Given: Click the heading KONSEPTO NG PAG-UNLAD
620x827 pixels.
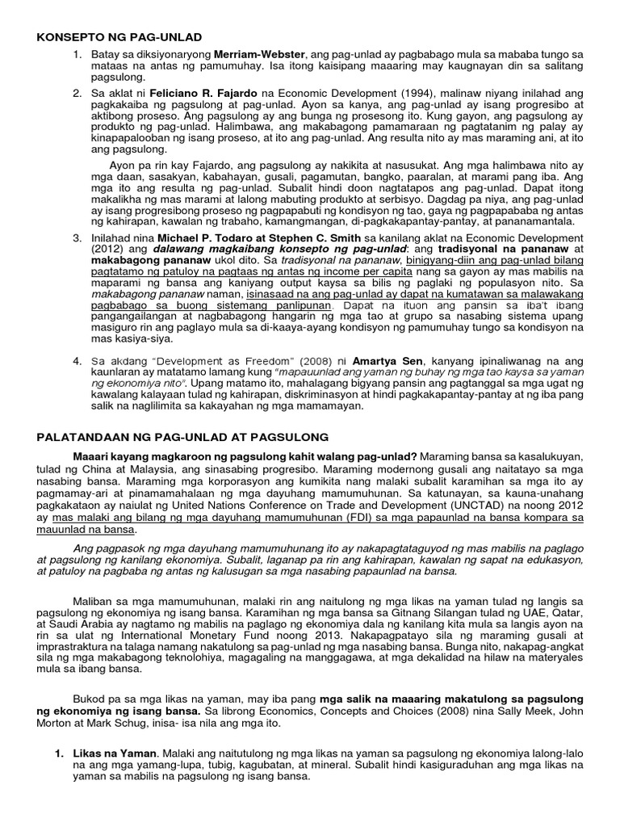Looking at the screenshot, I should pyautogui.click(x=120, y=37).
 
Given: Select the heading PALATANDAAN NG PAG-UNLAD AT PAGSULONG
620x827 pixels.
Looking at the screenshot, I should pyautogui.click(x=183, y=437).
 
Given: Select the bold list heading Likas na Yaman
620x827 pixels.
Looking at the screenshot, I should pyautogui.click(x=116, y=754).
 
